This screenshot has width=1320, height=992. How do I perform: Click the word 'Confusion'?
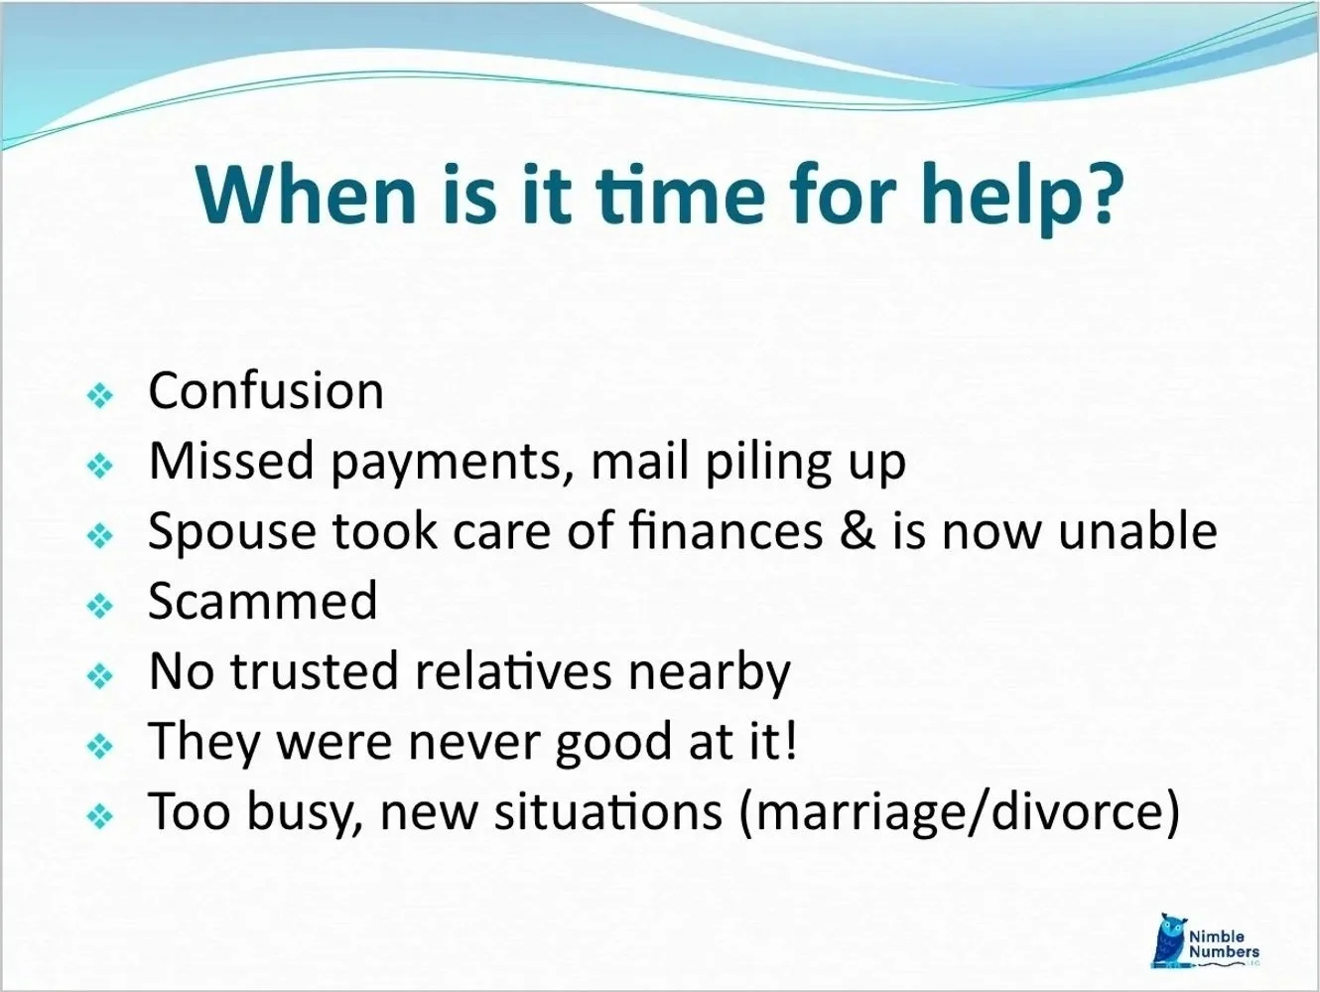(265, 390)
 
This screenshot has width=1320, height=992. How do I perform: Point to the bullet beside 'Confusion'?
(101, 395)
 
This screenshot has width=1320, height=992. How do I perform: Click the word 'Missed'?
(231, 461)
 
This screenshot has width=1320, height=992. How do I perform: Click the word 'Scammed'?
(263, 601)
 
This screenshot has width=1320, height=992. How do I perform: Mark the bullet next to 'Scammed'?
(101, 606)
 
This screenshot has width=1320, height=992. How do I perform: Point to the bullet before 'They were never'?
(101, 746)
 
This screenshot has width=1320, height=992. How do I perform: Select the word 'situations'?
(608, 811)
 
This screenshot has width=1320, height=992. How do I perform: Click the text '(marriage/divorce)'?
(960, 812)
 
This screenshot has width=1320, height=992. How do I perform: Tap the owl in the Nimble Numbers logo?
(1170, 937)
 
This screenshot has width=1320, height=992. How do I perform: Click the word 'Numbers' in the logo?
(1224, 951)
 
